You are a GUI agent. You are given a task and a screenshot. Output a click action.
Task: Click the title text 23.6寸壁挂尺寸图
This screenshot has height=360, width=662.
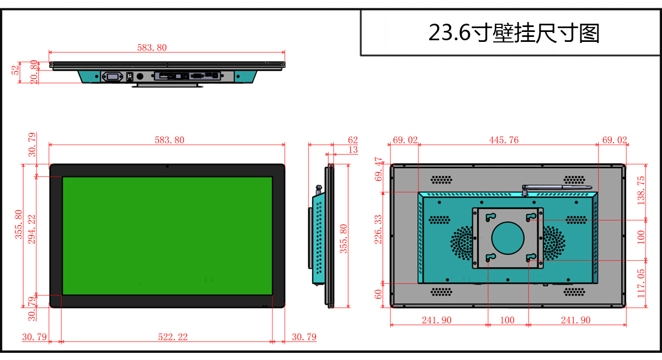(x=514, y=33)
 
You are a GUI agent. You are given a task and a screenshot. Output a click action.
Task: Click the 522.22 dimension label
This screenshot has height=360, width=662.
(x=173, y=337)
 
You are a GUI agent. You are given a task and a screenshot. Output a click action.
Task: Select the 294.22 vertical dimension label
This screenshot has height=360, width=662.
(x=31, y=229)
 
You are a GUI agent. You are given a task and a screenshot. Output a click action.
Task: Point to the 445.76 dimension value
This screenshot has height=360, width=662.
(x=504, y=140)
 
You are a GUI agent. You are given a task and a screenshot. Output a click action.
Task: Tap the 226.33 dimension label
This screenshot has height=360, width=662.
(x=378, y=229)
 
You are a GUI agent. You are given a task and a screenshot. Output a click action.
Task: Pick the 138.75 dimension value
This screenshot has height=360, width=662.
(x=640, y=191)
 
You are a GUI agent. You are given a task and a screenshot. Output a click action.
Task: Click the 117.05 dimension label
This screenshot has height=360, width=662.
(x=640, y=283)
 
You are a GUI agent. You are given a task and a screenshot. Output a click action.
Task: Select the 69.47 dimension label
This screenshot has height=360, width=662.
(x=378, y=169)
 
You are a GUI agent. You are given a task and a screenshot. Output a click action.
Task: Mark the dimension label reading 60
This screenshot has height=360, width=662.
(x=378, y=294)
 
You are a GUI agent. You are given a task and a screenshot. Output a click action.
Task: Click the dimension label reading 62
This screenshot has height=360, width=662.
(x=353, y=139)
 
